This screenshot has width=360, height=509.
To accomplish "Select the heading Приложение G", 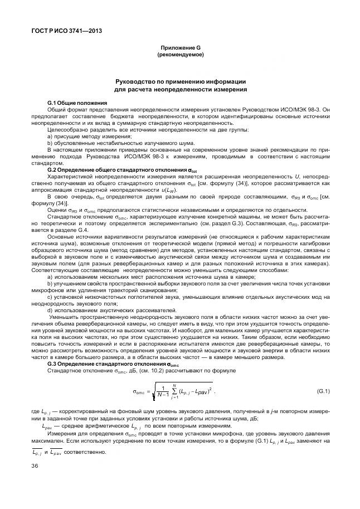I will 180,49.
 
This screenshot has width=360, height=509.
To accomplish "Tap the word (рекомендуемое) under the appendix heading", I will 180,55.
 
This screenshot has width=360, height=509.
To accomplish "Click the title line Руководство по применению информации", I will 180,81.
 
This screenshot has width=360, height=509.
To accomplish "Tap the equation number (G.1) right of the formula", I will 323,391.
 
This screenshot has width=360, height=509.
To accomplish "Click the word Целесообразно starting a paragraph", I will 65,130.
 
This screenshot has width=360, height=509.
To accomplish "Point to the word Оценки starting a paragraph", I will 56,210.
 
